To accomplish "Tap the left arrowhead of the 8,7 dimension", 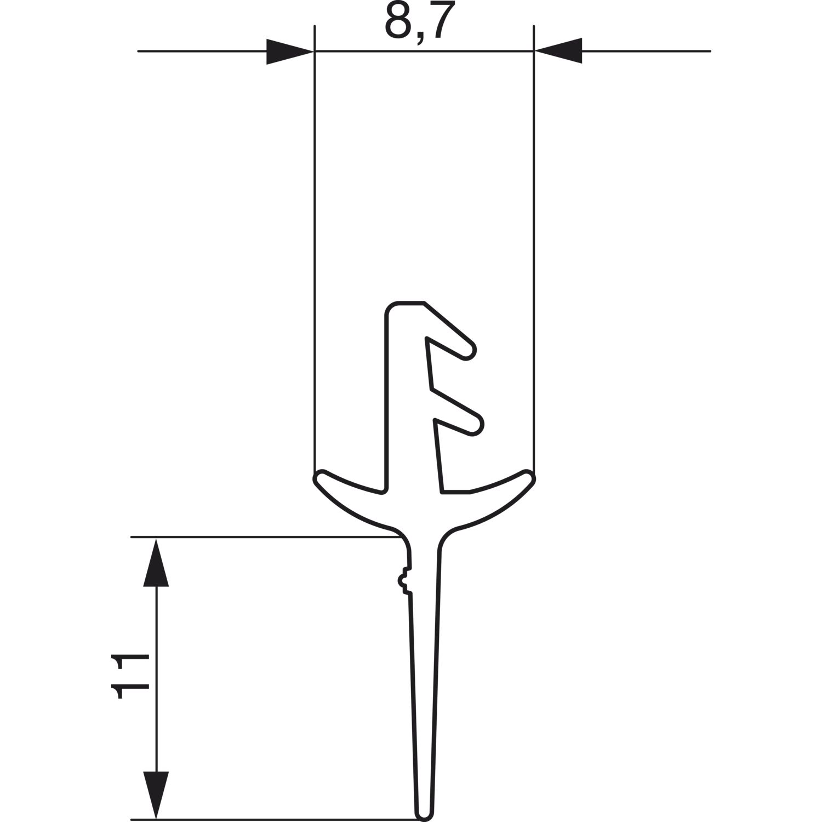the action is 289,52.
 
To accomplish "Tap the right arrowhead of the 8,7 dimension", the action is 558,52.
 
